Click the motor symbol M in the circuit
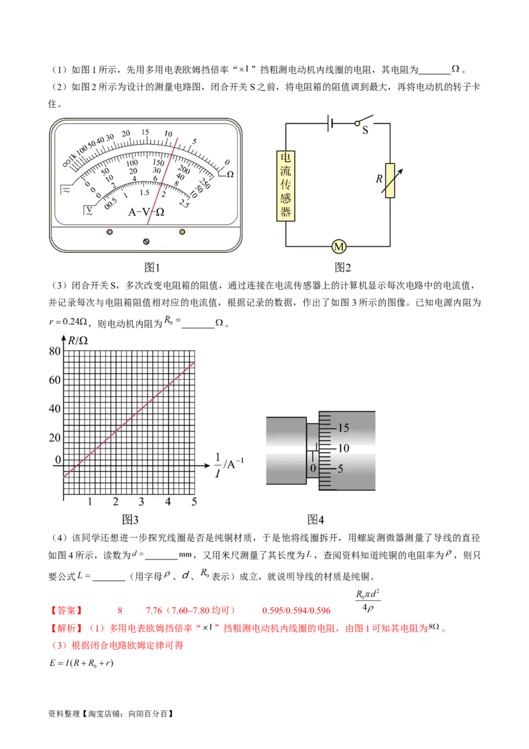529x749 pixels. (339, 247)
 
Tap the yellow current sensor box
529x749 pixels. (286, 185)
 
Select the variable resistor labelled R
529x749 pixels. (390, 181)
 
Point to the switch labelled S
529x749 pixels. (364, 123)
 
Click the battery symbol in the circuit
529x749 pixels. (330, 123)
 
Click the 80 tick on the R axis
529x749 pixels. (55, 351)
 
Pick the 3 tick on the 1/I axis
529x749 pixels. (142, 502)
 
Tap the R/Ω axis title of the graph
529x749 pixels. (78, 340)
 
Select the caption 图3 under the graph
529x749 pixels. (130, 519)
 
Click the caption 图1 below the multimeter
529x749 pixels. (152, 267)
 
